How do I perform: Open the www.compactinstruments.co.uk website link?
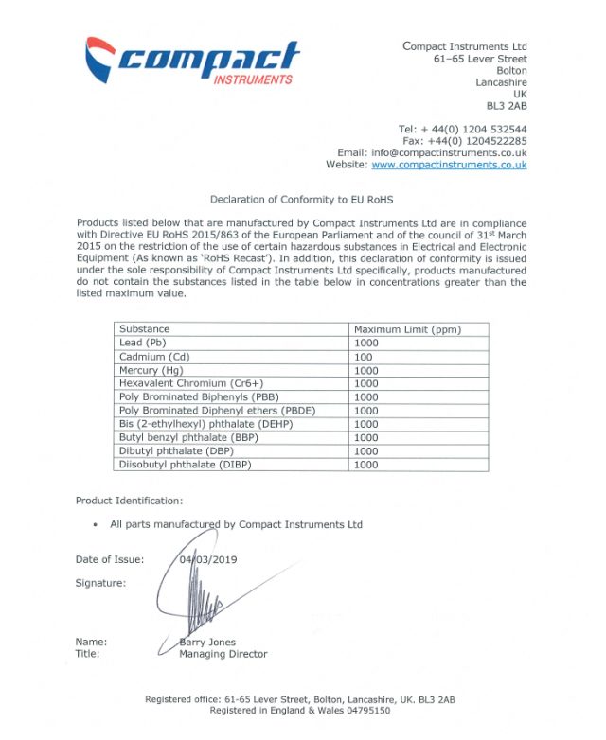(x=449, y=165)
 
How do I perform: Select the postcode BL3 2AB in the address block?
(x=507, y=106)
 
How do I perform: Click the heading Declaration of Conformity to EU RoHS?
(x=301, y=200)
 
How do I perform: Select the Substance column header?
(x=144, y=329)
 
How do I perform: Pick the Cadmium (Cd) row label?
(x=154, y=357)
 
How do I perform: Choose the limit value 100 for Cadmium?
(x=364, y=357)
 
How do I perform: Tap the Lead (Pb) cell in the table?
(x=143, y=343)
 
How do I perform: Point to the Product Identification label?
(x=130, y=501)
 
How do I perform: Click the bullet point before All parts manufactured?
(x=96, y=525)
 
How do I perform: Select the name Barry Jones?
(x=208, y=643)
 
